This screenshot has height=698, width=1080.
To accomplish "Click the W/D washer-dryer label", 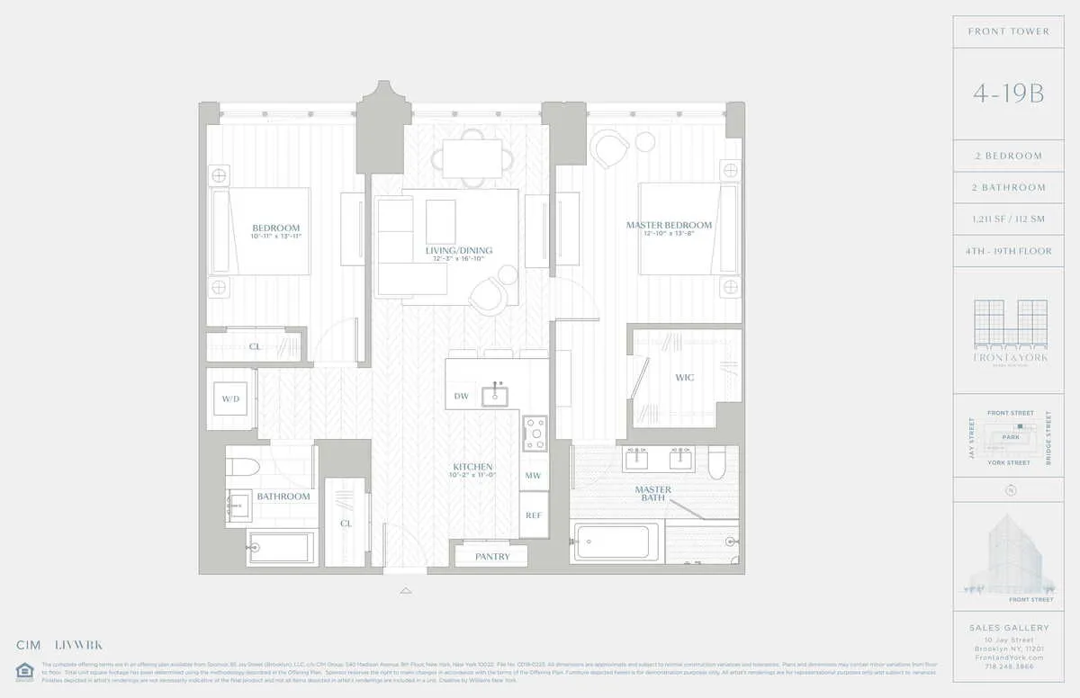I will click(230, 398).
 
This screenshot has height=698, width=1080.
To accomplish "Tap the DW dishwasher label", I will click(461, 396).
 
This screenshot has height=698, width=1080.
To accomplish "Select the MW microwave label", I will click(533, 475).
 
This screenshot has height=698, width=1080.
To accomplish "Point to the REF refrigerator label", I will click(534, 515).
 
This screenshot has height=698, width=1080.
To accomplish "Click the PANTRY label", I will click(491, 557).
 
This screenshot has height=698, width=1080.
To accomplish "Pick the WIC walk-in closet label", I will click(685, 378).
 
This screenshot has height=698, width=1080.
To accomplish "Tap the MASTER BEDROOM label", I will click(669, 225).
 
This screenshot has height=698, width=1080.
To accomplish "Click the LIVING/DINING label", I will click(459, 251).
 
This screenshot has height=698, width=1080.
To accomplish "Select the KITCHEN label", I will click(472, 467).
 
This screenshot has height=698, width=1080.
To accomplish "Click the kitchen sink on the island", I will click(494, 395).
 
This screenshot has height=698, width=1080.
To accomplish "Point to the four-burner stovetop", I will click(535, 434).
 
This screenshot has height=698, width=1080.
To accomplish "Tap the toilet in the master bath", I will click(715, 462).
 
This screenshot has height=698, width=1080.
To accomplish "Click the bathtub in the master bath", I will click(616, 541).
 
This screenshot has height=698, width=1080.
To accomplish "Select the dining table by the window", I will click(472, 158).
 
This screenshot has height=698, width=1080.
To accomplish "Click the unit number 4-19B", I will click(1008, 94).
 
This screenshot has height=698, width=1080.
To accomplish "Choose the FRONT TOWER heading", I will click(1008, 31).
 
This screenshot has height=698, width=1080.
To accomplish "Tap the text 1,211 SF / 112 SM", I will click(1008, 219).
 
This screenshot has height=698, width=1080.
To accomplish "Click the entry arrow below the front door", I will click(406, 591).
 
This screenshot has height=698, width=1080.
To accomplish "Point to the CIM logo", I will click(29, 645).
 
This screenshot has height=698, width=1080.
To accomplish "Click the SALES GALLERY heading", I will click(1008, 628).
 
